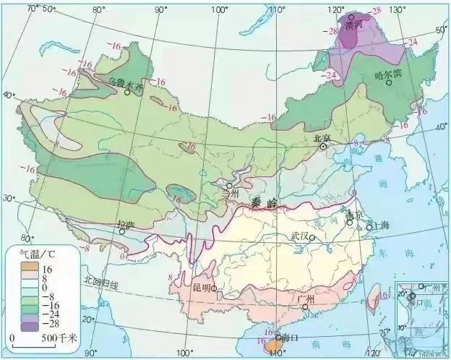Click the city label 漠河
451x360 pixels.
pyautogui.click(x=353, y=26)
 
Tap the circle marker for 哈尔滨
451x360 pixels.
pyautogui.click(x=390, y=82)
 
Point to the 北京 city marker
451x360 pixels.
pyautogui.click(x=325, y=146)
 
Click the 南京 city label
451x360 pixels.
pyautogui.click(x=353, y=215)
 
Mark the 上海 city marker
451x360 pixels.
pyautogui.click(x=370, y=228)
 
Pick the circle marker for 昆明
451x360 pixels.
pyautogui.click(x=214, y=289)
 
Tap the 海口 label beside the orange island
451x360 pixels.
pyautogui.click(x=289, y=338)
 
